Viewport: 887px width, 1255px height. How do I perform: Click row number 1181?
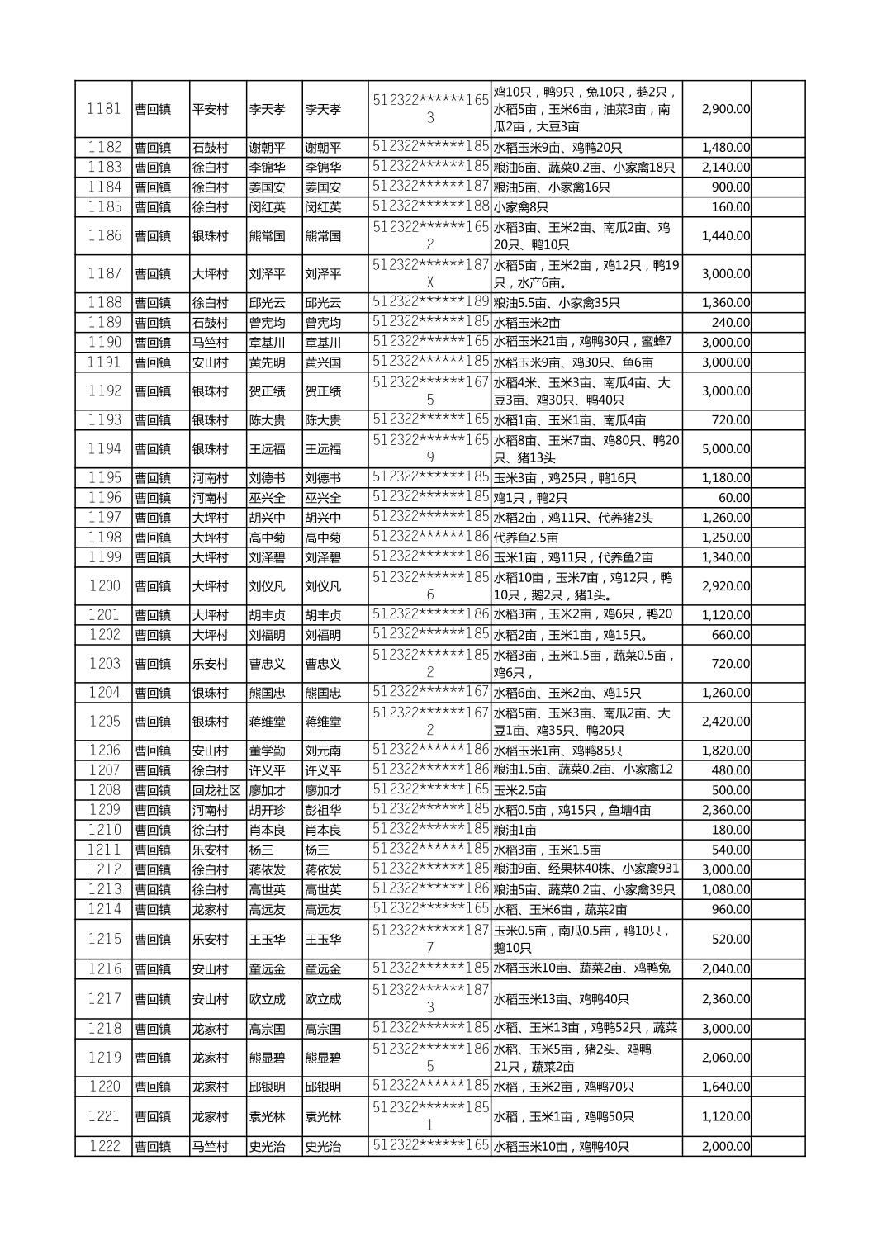coord(104,109)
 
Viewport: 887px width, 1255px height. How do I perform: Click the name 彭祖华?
coord(323,810)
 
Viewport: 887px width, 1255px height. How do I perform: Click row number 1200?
coord(104,586)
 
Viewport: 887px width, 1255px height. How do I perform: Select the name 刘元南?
coord(323,751)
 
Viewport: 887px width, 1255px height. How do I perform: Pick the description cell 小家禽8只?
coord(521,207)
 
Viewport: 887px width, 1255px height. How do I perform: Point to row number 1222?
coord(104,1146)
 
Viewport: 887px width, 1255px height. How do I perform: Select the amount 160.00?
coord(731,207)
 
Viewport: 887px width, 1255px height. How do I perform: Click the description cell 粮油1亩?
coord(515,830)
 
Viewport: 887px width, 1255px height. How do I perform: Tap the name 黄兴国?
coord(323,362)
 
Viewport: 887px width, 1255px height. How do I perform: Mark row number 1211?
coord(104,850)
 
